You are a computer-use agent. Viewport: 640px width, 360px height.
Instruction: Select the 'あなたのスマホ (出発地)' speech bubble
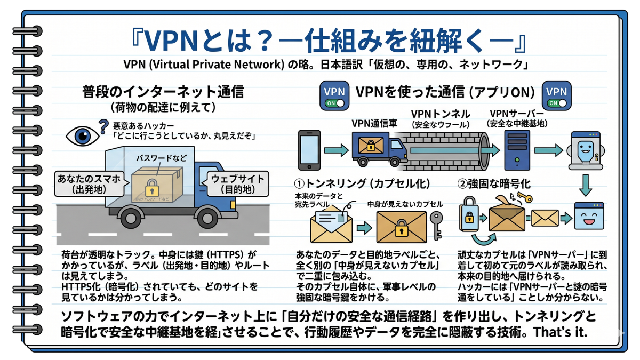90,183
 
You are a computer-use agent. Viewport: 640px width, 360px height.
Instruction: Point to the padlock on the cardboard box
152,188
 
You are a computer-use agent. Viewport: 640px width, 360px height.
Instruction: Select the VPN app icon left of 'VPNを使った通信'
334,95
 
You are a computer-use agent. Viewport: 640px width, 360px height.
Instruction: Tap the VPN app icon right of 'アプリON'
556,95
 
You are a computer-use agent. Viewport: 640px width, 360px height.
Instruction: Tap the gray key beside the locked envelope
436,225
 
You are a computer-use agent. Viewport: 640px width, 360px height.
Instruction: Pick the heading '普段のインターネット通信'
163,92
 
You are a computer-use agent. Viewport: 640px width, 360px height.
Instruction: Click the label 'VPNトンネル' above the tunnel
440,114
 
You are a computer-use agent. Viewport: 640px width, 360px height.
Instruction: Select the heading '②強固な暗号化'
494,184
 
